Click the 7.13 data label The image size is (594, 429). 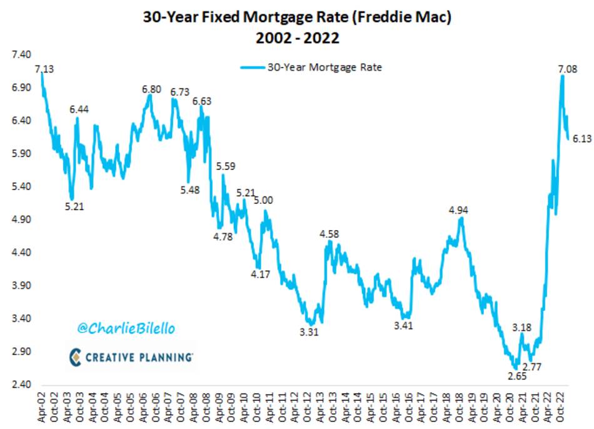tap(44, 69)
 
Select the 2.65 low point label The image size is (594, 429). tap(516, 376)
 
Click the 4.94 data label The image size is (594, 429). tap(459, 210)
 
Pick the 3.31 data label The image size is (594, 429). tap(309, 332)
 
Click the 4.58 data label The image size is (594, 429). tap(330, 233)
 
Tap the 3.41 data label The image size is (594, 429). tap(405, 325)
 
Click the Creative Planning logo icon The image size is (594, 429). tap(75, 356)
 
